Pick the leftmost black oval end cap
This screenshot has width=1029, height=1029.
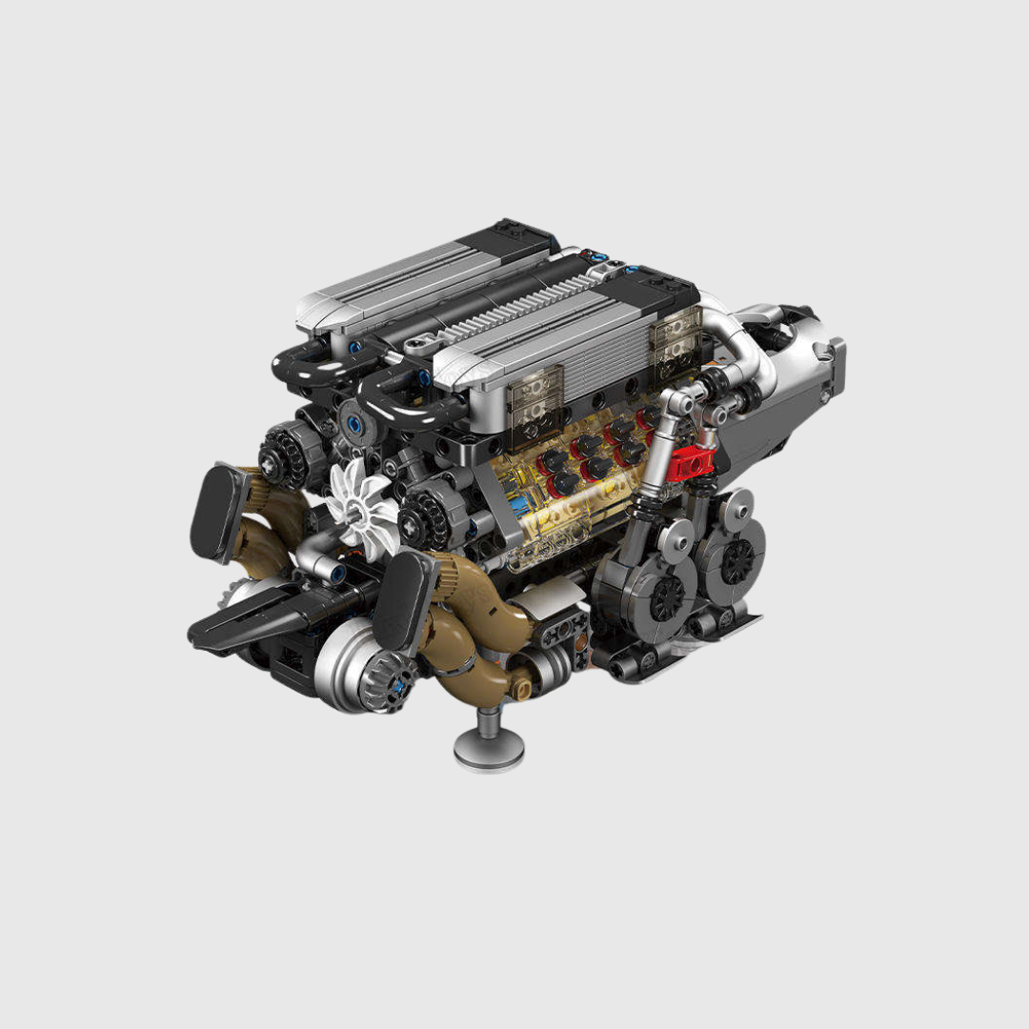(221, 512)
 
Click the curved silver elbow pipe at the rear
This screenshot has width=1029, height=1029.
(738, 353)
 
